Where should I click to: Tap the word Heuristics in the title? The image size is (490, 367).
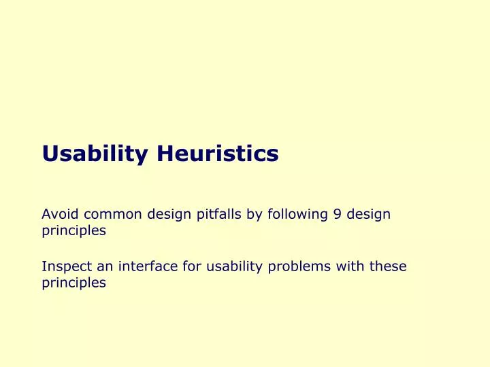(x=218, y=154)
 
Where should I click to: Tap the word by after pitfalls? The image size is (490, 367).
(x=254, y=215)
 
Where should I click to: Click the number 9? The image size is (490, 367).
(x=338, y=215)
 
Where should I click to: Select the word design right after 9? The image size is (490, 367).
(x=368, y=215)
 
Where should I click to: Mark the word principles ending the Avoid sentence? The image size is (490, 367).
(x=73, y=231)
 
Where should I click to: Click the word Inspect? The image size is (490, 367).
(x=65, y=266)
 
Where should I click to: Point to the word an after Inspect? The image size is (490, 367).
(x=100, y=266)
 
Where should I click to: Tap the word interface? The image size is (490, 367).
(x=144, y=266)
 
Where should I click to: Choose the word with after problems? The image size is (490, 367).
(x=347, y=266)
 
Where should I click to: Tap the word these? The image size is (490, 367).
(x=388, y=266)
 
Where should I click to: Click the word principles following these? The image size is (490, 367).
(x=73, y=283)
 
